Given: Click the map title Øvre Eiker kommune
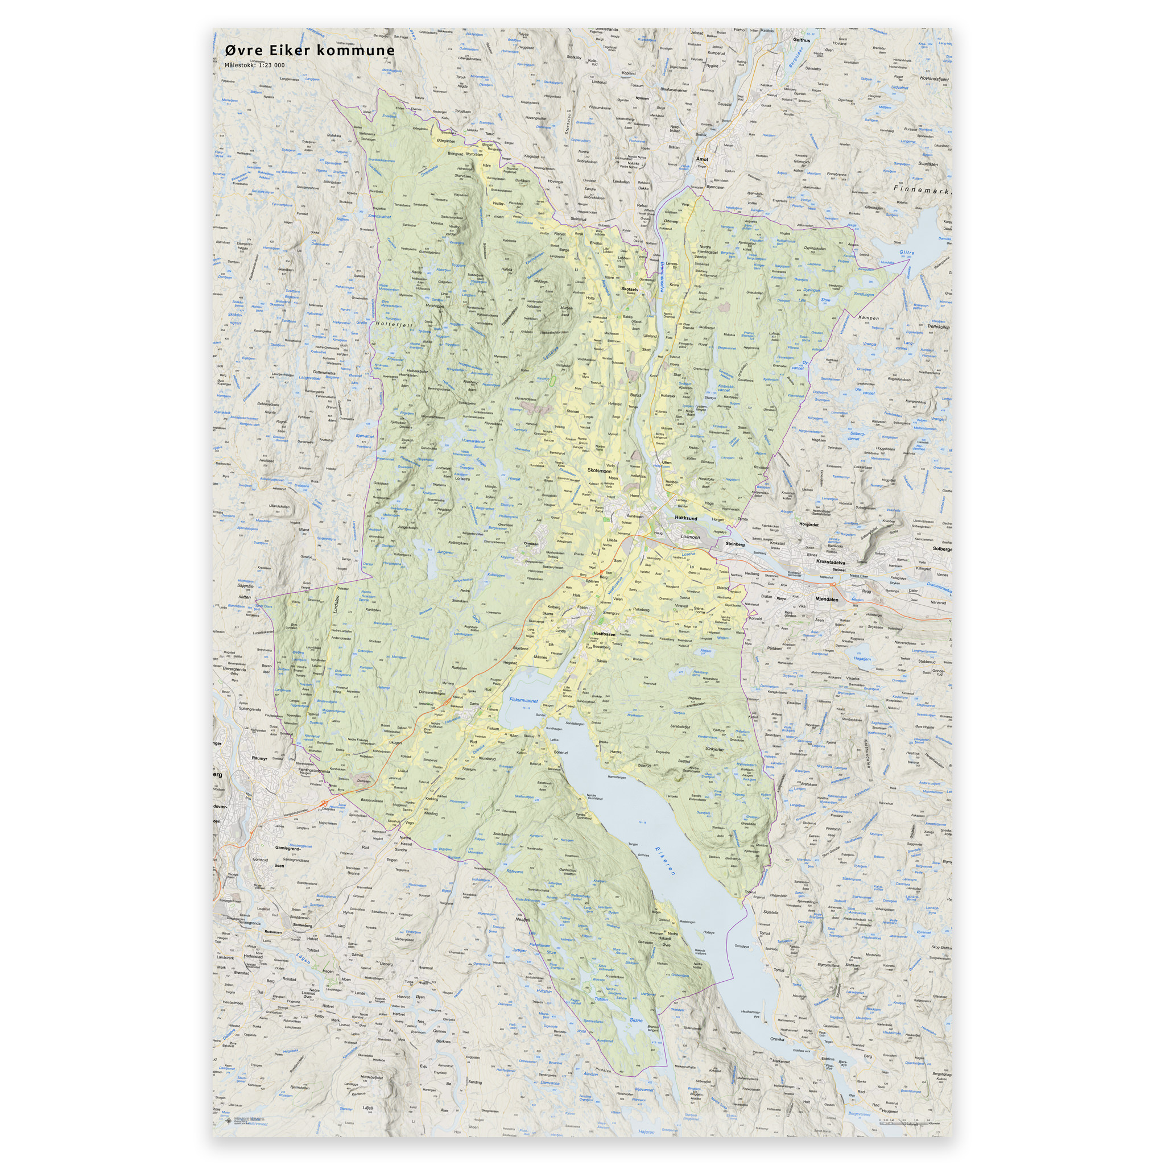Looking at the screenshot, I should pyautogui.click(x=310, y=51).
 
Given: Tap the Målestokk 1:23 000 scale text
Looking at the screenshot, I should pyautogui.click(x=254, y=65).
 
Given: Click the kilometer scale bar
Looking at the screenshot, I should pyautogui.click(x=904, y=1121).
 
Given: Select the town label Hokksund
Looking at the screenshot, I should pyautogui.click(x=685, y=518).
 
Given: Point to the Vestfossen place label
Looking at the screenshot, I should pyautogui.click(x=604, y=634).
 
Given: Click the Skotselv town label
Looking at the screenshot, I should pyautogui.click(x=630, y=289).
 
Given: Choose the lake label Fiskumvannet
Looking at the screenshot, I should pyautogui.click(x=523, y=701).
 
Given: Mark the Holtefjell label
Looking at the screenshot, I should pyautogui.click(x=394, y=324).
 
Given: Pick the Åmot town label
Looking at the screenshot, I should pyautogui.click(x=702, y=159).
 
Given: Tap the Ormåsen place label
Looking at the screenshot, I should pyautogui.click(x=531, y=543).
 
